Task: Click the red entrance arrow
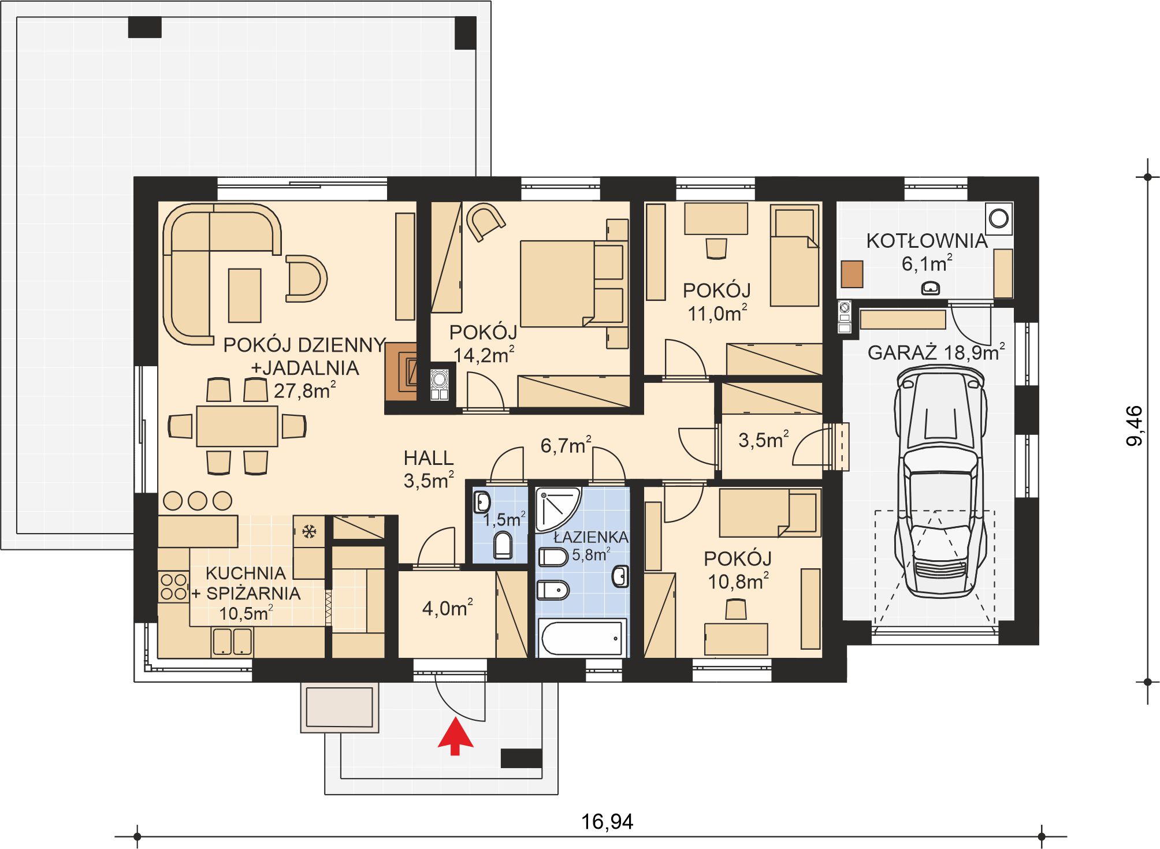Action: (x=455, y=736)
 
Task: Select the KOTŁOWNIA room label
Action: (x=927, y=241)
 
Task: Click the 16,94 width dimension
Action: (x=607, y=821)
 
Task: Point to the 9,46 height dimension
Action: (x=1135, y=426)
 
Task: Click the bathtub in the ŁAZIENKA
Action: (x=582, y=638)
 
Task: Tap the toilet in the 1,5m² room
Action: (x=503, y=546)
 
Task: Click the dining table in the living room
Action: (x=237, y=426)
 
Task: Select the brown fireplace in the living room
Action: (x=401, y=372)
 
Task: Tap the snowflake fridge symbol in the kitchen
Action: (x=309, y=531)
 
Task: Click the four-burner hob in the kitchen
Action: (x=173, y=586)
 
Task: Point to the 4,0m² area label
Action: (x=447, y=608)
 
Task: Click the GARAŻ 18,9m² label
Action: (x=936, y=352)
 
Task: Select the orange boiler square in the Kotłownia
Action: (x=852, y=274)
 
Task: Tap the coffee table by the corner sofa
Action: (x=244, y=296)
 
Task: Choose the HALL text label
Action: (x=428, y=458)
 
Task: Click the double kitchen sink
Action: (x=232, y=642)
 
